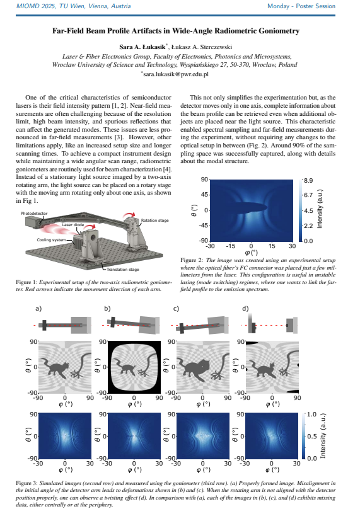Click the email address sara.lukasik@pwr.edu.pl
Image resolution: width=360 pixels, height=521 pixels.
point(176,74)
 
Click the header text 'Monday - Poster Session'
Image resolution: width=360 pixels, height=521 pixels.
point(301,6)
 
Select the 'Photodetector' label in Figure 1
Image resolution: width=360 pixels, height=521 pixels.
point(34,214)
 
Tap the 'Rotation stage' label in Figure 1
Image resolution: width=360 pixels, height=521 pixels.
point(154,220)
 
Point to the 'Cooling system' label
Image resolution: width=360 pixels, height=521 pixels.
point(51,240)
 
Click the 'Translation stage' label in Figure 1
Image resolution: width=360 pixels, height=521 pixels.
point(123,270)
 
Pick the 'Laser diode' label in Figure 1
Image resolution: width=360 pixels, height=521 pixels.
point(73,225)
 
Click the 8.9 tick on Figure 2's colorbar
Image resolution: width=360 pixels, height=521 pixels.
point(308,180)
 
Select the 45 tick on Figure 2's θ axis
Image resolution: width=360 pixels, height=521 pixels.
point(204,195)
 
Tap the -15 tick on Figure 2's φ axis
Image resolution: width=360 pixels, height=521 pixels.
point(230,246)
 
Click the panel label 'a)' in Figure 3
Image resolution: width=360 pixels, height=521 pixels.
point(38,309)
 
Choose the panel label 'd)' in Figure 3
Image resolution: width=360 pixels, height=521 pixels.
point(245,309)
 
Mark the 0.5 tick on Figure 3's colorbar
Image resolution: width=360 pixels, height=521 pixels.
point(311,436)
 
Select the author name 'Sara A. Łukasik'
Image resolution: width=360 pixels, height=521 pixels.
point(142,47)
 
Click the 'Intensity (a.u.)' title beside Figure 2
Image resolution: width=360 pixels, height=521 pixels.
point(320,209)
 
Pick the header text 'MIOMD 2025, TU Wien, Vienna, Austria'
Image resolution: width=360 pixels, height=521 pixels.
point(74,6)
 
